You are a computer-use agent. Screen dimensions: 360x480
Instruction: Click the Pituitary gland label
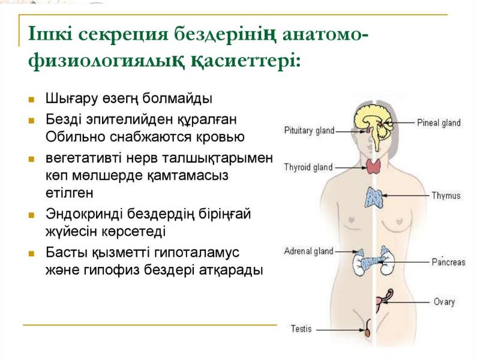(309, 130)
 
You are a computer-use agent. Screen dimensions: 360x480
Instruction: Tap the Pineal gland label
(439, 123)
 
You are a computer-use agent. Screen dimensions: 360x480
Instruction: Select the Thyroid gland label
(308, 167)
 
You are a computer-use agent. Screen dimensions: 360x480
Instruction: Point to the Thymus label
(446, 196)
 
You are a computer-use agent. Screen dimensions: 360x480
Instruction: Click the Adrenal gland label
(308, 251)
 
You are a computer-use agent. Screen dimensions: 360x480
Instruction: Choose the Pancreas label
(448, 262)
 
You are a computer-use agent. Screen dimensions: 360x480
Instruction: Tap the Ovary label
(444, 302)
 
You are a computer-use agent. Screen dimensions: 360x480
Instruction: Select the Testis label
(301, 329)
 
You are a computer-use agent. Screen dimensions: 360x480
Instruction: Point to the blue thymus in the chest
(376, 197)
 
